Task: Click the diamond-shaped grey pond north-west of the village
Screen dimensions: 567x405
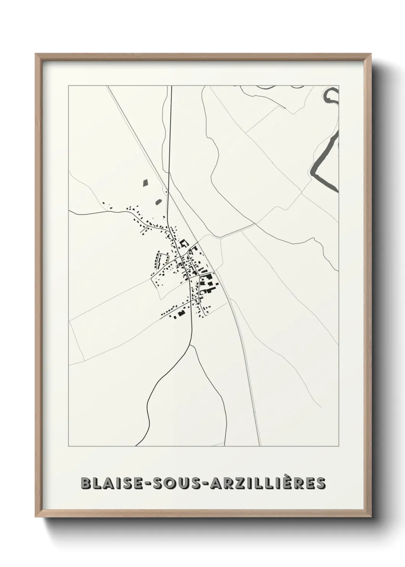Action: [x=145, y=183]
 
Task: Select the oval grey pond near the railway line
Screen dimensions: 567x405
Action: [x=158, y=201]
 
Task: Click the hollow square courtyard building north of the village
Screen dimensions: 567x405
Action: [x=184, y=243]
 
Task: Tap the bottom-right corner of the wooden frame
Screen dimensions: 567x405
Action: [x=371, y=516]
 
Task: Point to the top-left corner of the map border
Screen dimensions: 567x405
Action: [x=69, y=86]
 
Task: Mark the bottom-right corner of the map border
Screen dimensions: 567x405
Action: [x=339, y=446]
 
